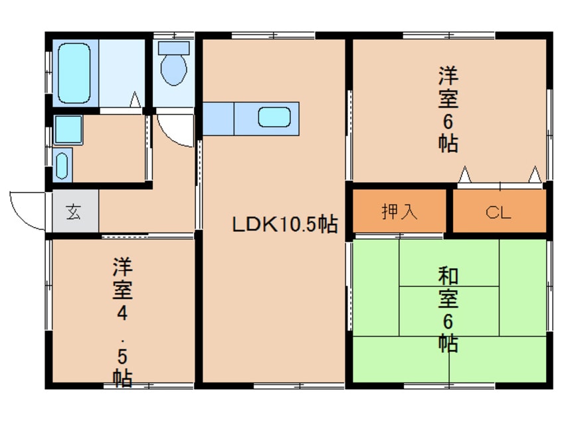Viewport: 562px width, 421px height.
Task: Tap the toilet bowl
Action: [173, 69]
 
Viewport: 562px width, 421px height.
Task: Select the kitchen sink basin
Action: [274, 118]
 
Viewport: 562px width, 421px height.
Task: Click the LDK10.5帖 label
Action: [284, 224]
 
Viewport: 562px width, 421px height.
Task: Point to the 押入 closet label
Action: [400, 212]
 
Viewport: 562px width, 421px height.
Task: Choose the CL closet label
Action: [498, 212]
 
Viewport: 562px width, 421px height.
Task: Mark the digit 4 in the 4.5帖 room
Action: [121, 312]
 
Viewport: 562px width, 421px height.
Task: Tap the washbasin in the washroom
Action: [62, 165]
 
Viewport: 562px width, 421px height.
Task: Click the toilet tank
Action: [174, 48]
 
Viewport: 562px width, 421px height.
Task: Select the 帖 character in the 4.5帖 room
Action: [121, 378]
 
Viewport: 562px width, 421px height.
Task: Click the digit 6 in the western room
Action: [448, 121]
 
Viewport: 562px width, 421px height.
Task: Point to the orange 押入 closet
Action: [399, 212]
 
